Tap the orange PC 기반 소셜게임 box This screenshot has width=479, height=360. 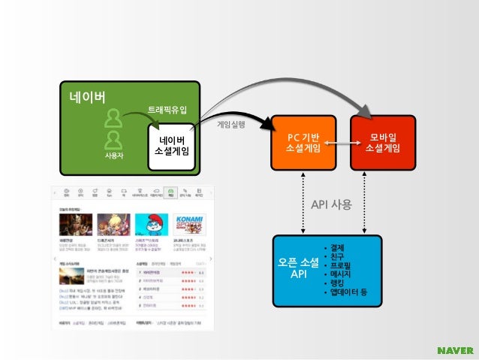(x=303, y=143)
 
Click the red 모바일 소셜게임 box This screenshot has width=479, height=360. (x=382, y=143)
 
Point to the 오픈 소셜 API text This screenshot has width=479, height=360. (x=298, y=268)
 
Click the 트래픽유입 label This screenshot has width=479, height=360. (x=167, y=110)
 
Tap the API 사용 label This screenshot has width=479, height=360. (x=331, y=204)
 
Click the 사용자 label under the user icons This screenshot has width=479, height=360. (x=113, y=156)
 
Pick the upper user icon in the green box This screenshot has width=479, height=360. (x=113, y=118)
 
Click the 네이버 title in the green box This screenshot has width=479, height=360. (x=87, y=97)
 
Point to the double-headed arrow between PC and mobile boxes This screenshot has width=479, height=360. (x=342, y=143)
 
